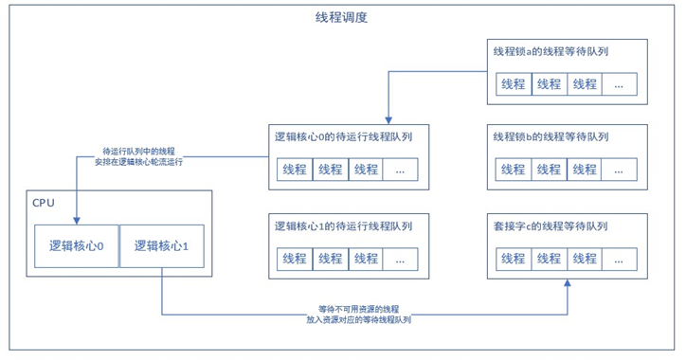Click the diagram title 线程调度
(x=341, y=18)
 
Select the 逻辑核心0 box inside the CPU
(x=76, y=245)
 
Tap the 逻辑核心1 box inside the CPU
(x=162, y=245)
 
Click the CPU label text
(x=44, y=203)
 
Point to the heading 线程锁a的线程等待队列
(x=551, y=51)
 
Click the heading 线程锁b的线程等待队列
(x=551, y=136)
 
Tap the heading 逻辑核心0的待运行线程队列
(x=343, y=136)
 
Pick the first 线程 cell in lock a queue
(x=513, y=83)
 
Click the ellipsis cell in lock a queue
(x=619, y=83)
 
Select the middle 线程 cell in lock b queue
(x=549, y=170)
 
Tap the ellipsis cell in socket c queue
(x=619, y=258)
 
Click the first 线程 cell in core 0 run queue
(x=295, y=170)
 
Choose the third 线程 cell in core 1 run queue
(x=365, y=258)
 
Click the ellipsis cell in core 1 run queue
(x=401, y=258)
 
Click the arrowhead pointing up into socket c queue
(x=567, y=283)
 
